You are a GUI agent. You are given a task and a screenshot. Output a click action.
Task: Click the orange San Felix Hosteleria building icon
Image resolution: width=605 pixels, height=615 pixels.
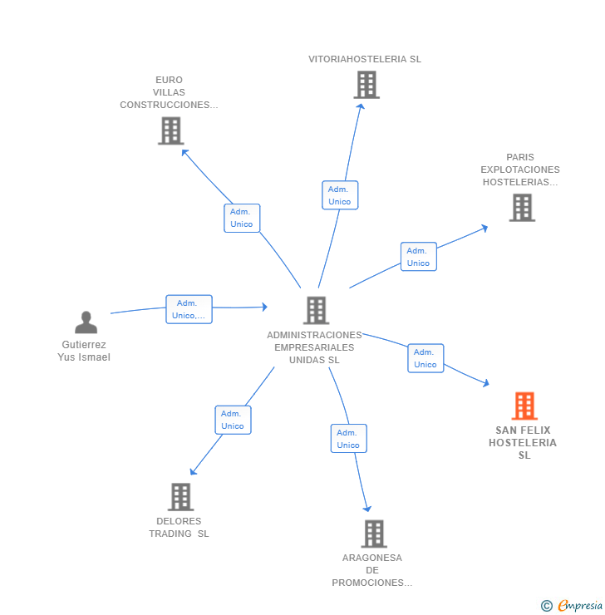[x=524, y=406]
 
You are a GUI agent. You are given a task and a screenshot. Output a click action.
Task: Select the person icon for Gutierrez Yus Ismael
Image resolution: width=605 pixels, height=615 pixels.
[x=86, y=322]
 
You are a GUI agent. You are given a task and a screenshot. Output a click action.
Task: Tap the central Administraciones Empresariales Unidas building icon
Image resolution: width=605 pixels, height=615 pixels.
[x=316, y=310]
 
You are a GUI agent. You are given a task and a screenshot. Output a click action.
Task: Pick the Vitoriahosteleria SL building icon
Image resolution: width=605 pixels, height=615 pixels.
[x=366, y=85]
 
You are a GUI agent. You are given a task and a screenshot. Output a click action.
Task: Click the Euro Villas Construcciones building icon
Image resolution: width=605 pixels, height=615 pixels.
[x=170, y=130]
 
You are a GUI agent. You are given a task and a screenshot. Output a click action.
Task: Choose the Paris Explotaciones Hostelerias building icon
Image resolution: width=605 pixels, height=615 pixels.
[x=521, y=208]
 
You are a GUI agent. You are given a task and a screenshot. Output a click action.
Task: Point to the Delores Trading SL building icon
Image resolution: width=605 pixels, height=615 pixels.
[x=180, y=497]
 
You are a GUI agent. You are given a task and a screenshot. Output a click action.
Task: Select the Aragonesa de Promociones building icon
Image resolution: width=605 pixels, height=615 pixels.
[x=374, y=534]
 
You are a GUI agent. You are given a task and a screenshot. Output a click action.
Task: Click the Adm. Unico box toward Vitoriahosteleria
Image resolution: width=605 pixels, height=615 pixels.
[x=339, y=195]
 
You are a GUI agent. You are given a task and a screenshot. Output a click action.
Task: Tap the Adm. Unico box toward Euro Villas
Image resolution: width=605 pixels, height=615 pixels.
[x=242, y=218]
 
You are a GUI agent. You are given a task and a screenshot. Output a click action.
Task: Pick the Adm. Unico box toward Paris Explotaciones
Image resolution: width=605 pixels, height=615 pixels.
[x=418, y=257]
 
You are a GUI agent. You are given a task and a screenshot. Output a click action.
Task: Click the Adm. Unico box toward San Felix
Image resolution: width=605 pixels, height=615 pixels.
[x=425, y=358]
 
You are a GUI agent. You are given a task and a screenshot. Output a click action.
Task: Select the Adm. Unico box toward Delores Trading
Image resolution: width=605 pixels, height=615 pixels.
[x=233, y=420]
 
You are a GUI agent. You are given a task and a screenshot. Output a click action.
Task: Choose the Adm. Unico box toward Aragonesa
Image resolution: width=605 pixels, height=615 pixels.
[x=348, y=439]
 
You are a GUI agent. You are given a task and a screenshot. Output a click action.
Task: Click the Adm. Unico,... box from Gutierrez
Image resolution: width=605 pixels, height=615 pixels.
[x=189, y=309]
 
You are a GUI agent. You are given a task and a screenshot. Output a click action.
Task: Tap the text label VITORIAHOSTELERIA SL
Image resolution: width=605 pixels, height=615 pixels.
[x=365, y=59]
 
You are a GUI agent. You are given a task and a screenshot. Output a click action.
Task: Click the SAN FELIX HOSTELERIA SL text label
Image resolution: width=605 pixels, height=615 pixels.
[x=524, y=442]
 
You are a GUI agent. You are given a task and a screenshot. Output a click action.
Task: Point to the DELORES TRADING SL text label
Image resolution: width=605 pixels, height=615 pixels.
[x=180, y=528]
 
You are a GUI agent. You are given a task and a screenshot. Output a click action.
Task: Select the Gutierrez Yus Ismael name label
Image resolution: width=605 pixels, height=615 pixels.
[x=84, y=351]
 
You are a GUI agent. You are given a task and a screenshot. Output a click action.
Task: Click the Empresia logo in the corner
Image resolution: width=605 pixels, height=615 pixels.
[x=573, y=605]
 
